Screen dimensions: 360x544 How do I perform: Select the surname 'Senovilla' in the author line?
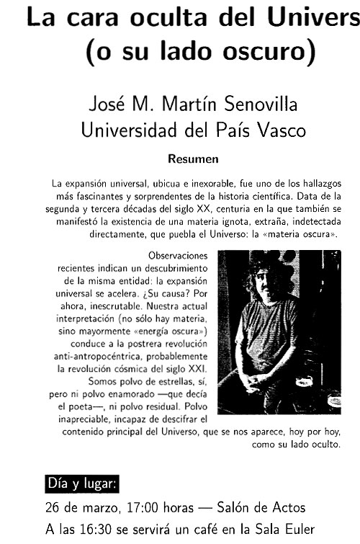(x=256, y=106)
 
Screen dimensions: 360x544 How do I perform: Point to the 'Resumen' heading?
(x=193, y=158)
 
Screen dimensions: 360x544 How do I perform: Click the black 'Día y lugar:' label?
(x=82, y=482)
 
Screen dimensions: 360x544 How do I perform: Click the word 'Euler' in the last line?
(x=297, y=530)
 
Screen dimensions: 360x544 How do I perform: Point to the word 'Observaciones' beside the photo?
(x=177, y=255)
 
